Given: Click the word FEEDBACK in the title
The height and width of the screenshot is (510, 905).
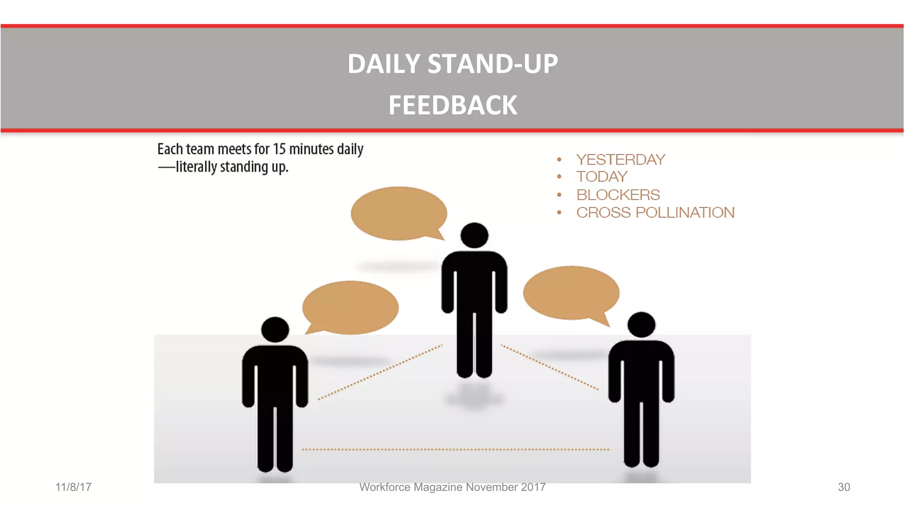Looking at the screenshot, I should [452, 106].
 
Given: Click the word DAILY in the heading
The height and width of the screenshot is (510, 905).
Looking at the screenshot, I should [384, 64].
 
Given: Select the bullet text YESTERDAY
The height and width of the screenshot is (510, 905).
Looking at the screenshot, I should [620, 159].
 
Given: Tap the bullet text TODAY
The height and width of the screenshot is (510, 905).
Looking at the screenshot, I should [601, 177].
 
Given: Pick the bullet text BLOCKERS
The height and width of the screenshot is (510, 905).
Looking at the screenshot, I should [618, 195].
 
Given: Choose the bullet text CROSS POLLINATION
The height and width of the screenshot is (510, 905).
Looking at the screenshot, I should [655, 212].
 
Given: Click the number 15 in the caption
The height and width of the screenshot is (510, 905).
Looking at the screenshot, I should [279, 149].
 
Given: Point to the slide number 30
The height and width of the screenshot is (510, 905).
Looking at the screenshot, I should [844, 487].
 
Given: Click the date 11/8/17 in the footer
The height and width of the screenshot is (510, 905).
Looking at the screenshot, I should [73, 487].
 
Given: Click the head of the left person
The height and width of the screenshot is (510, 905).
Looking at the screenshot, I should [275, 329].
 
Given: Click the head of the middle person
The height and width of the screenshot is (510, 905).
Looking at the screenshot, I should [474, 235].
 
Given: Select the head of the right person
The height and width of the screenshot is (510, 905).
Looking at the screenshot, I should [641, 325].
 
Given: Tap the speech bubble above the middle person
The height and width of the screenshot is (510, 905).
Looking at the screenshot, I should [399, 213].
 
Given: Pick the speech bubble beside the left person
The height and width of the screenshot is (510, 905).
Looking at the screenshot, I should [350, 307].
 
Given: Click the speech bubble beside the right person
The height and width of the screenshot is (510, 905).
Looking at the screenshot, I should [571, 293].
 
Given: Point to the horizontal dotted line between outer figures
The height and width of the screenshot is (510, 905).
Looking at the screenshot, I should [455, 450].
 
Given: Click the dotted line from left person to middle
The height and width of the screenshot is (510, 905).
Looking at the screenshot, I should [380, 372].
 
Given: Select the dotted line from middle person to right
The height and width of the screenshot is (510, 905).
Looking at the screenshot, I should [550, 367].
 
